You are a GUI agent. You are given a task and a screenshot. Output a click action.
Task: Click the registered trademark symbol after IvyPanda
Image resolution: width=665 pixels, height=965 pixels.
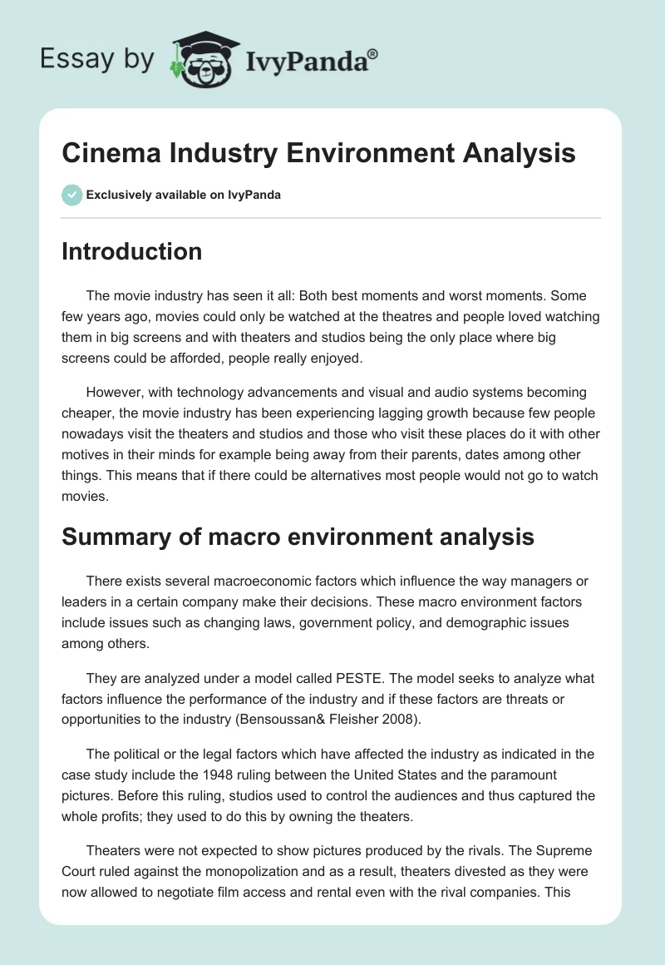[373, 54]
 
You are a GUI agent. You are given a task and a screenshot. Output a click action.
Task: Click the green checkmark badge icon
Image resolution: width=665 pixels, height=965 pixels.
[71, 195]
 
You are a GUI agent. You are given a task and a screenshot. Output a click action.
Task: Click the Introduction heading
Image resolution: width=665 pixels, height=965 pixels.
[131, 251]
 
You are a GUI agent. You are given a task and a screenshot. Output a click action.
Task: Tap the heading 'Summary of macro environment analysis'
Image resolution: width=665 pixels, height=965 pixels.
[298, 537]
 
